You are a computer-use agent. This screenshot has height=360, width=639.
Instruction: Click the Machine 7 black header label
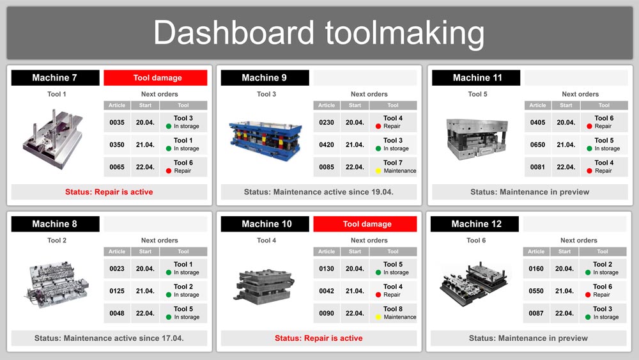click(55, 78)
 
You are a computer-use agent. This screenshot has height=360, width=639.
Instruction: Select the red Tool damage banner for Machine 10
click(365, 224)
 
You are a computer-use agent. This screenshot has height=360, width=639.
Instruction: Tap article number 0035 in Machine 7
click(117, 123)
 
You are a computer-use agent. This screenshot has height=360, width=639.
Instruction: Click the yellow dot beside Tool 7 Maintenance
click(378, 171)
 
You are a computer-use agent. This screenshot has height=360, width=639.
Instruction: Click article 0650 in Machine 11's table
click(537, 145)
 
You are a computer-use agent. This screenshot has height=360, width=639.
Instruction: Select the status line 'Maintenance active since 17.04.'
click(109, 338)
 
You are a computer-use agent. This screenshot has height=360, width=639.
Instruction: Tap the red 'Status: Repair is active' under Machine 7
click(109, 192)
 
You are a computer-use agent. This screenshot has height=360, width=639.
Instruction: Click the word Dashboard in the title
click(233, 32)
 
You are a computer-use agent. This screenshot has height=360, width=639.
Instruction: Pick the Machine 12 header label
click(476, 224)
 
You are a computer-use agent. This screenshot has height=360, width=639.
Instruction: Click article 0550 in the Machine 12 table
click(536, 292)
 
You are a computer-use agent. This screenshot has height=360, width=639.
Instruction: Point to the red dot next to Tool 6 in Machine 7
click(169, 171)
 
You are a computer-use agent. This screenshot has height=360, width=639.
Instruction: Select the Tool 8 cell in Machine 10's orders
click(393, 313)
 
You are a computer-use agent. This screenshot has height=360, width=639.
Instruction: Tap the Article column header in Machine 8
click(117, 252)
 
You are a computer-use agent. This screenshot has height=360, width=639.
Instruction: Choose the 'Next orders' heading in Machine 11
click(580, 95)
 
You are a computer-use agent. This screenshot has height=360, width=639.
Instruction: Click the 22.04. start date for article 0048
click(146, 314)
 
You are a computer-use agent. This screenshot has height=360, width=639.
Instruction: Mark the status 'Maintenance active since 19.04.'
click(319, 192)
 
